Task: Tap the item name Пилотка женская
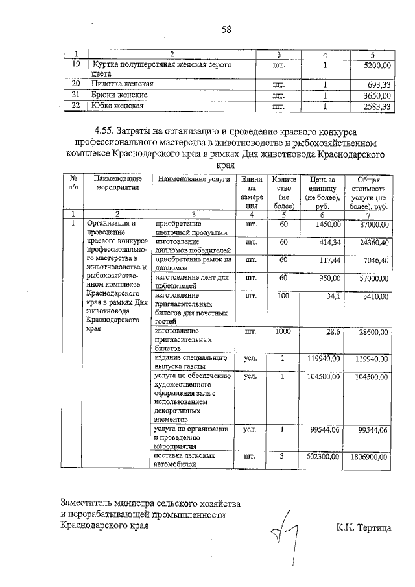[x=123, y=84]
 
